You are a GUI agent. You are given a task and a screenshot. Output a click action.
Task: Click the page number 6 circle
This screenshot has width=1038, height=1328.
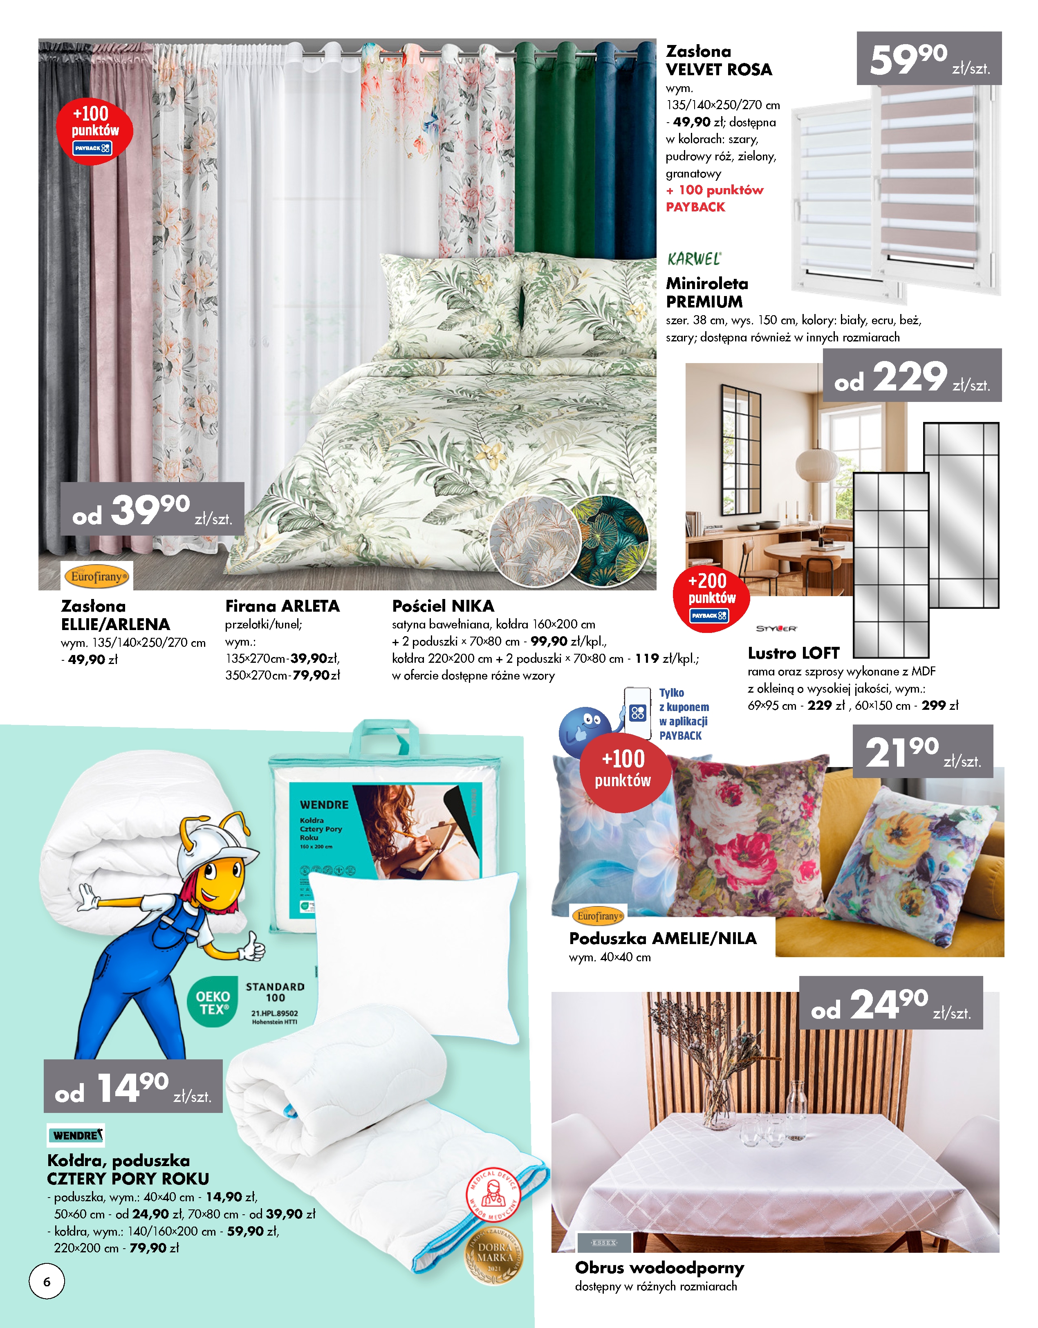tap(47, 1281)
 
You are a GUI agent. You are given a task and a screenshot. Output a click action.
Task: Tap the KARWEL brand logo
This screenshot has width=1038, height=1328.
tap(694, 259)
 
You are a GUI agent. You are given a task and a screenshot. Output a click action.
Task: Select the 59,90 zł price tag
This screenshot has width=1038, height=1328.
tap(928, 59)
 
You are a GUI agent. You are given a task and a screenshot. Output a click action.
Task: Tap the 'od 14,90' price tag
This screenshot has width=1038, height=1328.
tap(132, 1087)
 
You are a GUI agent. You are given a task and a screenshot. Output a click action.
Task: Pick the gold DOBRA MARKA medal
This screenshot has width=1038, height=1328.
tap(494, 1256)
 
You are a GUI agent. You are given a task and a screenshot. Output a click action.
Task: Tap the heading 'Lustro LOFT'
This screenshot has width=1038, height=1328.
tap(793, 653)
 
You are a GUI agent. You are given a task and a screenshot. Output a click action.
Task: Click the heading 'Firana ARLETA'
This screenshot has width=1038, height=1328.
tap(282, 606)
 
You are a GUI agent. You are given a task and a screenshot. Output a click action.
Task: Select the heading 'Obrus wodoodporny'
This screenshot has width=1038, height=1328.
tap(659, 1268)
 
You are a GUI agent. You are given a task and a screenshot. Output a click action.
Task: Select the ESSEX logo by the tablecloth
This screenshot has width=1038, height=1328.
tap(604, 1242)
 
